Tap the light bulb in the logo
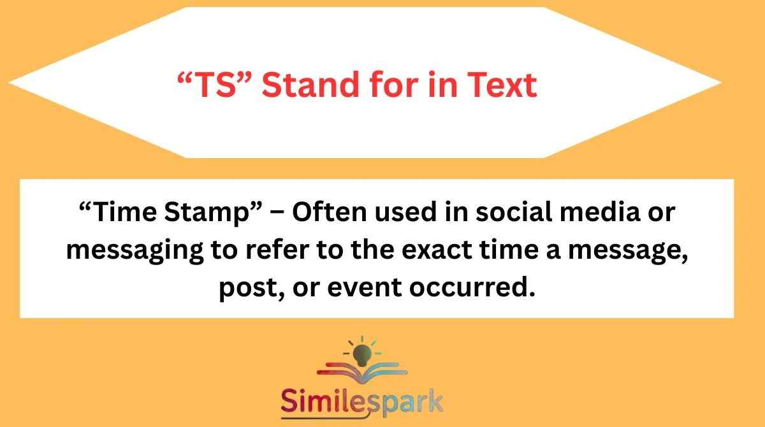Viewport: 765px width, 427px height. coord(361,350)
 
